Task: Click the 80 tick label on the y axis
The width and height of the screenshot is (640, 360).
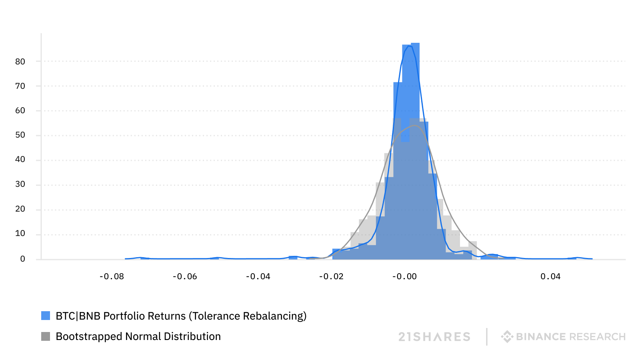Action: coord(20,62)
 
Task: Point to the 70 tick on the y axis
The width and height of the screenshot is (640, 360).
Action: coord(20,86)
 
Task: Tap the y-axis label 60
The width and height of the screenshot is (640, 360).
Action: coord(20,110)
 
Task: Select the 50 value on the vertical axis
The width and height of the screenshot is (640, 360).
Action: coord(20,135)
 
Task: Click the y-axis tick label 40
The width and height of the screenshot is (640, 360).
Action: coord(20,160)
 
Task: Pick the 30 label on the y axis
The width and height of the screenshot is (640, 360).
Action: coord(20,184)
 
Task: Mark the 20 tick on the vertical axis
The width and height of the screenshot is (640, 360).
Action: coord(20,209)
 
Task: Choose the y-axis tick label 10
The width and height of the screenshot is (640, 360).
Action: coord(20,234)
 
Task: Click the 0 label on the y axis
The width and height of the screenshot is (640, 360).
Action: coord(23,259)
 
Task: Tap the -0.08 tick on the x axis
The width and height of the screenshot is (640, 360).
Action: coord(112,276)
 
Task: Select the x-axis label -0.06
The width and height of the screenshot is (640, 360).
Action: coord(185,276)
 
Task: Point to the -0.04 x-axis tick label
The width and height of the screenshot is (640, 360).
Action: coord(258,276)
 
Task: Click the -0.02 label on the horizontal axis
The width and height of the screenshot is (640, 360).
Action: coord(331,276)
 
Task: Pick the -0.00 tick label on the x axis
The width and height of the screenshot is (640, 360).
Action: coord(404,276)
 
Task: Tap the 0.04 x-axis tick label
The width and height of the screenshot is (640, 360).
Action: coord(550,276)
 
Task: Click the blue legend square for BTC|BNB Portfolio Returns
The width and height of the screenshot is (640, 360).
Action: coord(46,316)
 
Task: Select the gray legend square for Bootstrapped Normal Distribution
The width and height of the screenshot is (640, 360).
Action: coord(46,336)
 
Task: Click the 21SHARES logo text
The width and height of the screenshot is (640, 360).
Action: coord(434,337)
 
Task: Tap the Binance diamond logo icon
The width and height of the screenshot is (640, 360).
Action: coord(507,337)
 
